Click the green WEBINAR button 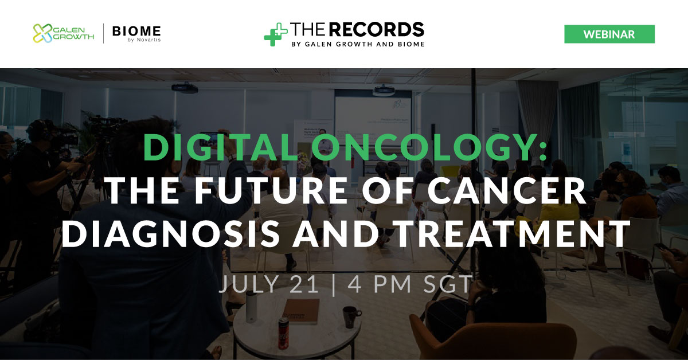coord(609,34)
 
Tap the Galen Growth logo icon coord(42,33)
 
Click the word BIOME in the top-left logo coord(136,31)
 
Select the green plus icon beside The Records coord(276,34)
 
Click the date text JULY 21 coord(269,284)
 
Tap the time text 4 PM coord(380,284)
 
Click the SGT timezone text coord(448,284)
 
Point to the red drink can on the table coord(283,333)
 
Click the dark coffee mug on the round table coord(351,316)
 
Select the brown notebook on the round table coord(300,311)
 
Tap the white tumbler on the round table coord(251,307)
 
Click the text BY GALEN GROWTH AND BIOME coord(358,44)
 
